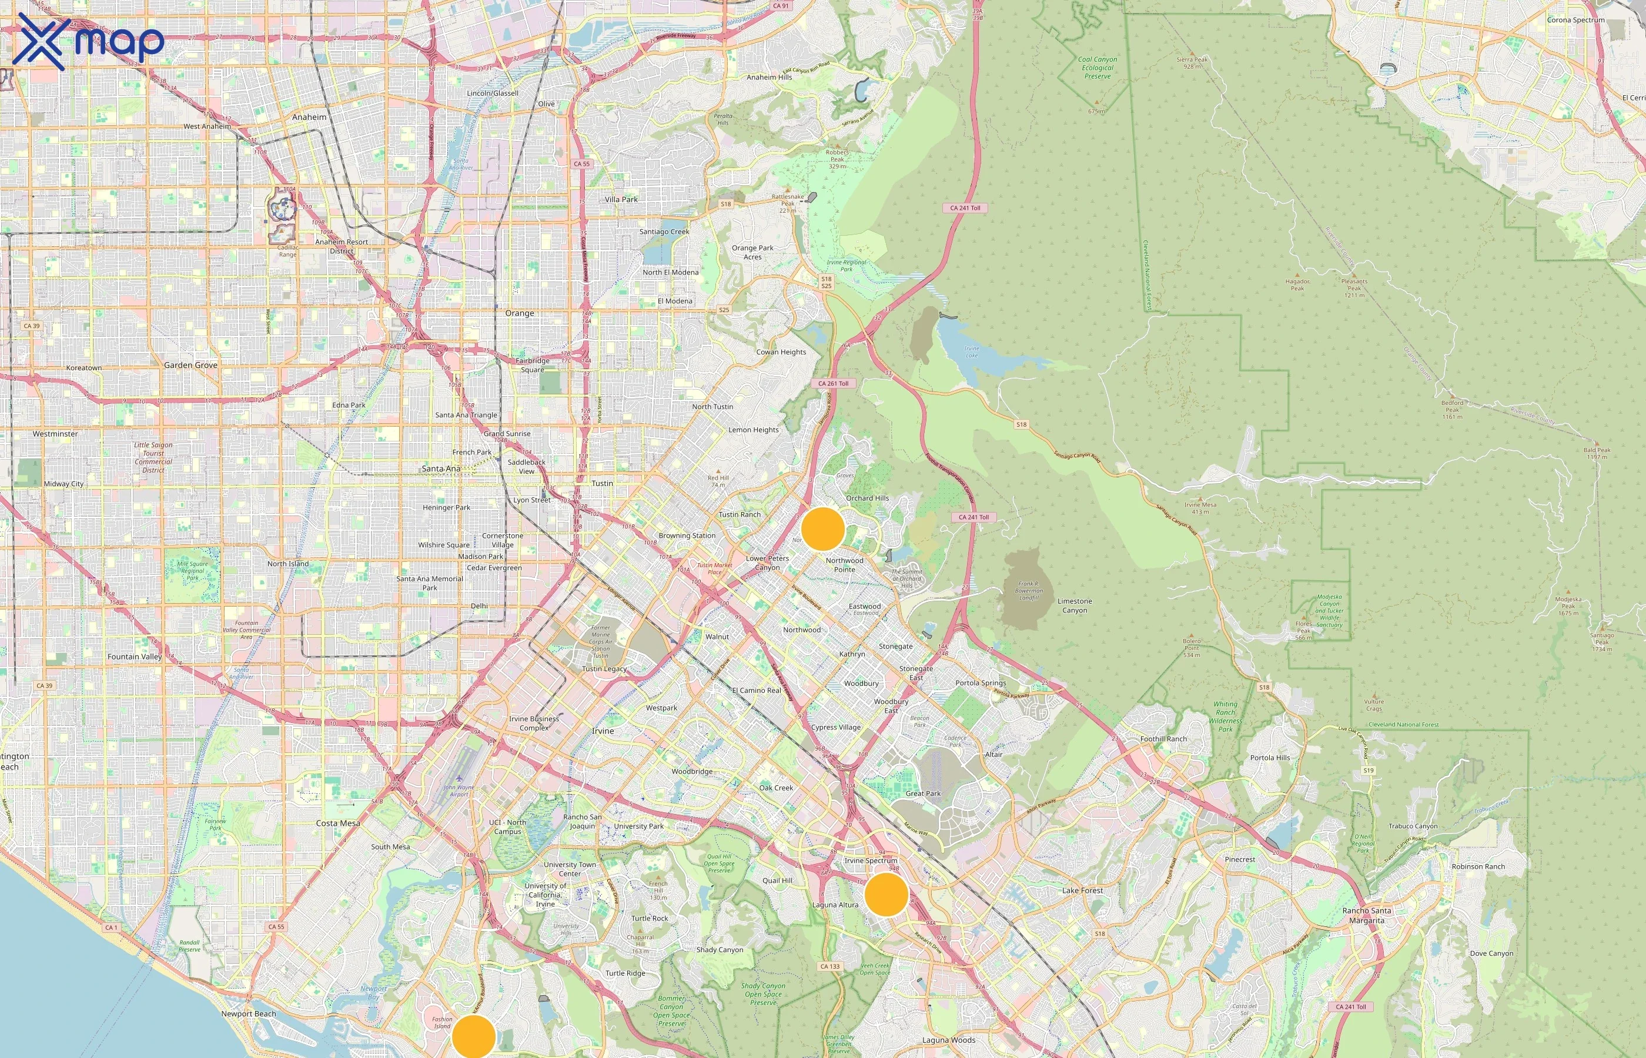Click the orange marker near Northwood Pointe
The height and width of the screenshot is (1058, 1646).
click(822, 529)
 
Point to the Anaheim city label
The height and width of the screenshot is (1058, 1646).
click(309, 118)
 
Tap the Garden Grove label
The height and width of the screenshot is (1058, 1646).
click(190, 366)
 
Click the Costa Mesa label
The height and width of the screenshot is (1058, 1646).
click(338, 823)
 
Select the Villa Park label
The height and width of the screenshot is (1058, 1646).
click(621, 200)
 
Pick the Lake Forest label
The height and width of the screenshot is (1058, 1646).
click(1082, 890)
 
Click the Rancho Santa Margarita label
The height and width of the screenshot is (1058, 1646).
click(1366, 915)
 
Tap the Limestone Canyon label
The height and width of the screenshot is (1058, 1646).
click(1075, 605)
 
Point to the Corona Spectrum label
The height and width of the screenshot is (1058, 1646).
click(1575, 20)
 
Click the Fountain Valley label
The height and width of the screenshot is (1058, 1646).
click(135, 657)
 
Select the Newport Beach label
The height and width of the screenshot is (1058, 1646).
click(249, 1014)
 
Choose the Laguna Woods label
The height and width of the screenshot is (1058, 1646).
click(948, 1040)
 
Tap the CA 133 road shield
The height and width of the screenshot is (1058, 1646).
click(830, 966)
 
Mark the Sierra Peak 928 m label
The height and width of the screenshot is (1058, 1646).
click(1192, 62)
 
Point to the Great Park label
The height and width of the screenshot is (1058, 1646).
click(922, 793)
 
